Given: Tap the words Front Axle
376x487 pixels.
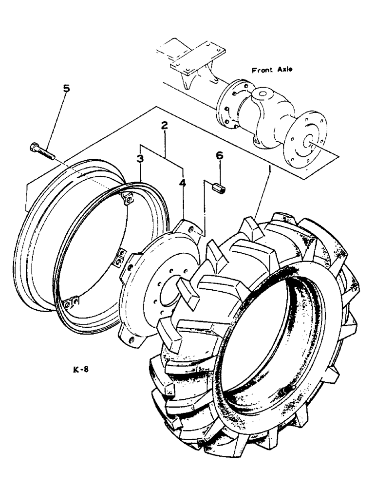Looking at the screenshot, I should (272, 70).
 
